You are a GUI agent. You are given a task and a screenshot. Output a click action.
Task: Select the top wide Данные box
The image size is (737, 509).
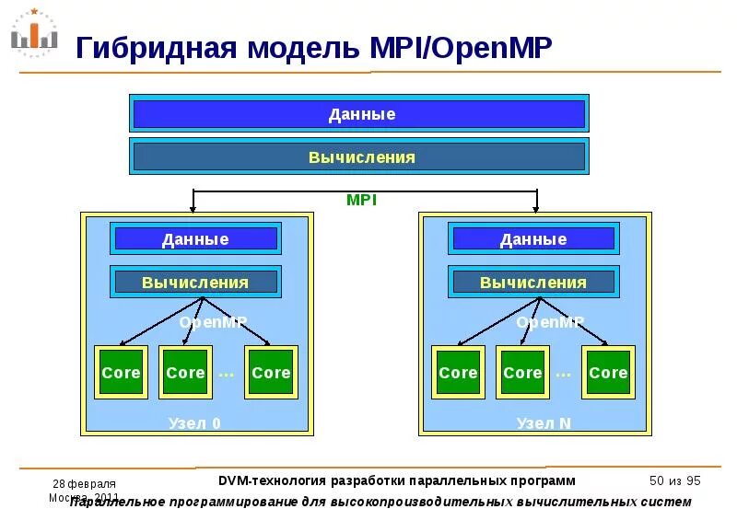pyautogui.click(x=359, y=114)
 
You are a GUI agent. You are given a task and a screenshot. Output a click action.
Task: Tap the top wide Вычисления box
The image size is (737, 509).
pyautogui.click(x=359, y=157)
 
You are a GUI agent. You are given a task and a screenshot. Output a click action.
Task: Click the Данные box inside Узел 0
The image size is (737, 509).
pyautogui.click(x=195, y=239)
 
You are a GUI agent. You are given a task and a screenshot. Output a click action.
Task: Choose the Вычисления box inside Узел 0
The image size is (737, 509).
pyautogui.click(x=195, y=283)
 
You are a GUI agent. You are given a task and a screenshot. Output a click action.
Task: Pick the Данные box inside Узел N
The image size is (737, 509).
pyautogui.click(x=533, y=239)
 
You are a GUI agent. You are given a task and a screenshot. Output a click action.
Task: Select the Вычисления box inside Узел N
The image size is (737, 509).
pyautogui.click(x=533, y=283)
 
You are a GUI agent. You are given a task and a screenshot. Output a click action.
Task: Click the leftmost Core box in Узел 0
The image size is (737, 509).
pyautogui.click(x=121, y=373)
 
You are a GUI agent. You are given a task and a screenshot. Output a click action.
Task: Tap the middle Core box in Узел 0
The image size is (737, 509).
pyautogui.click(x=185, y=373)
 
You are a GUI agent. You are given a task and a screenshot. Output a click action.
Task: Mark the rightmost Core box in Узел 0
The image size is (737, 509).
pyautogui.click(x=271, y=373)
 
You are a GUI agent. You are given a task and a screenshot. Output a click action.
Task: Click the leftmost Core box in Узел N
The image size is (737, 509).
pyautogui.click(x=458, y=373)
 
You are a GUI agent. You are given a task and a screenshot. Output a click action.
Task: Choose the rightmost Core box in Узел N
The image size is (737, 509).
pyautogui.click(x=608, y=373)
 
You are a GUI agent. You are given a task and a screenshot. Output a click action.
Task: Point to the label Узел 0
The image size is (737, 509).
pyautogui.click(x=194, y=424)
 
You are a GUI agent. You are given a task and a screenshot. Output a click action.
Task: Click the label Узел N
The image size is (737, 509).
pyautogui.click(x=544, y=424)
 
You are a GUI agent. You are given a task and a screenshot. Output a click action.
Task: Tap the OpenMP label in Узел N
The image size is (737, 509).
pyautogui.click(x=550, y=322)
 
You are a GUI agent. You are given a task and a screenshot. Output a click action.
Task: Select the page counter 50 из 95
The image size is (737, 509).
pyautogui.click(x=675, y=480)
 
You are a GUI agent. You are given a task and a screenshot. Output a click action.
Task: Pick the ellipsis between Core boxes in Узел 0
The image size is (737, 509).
pyautogui.click(x=227, y=374)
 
